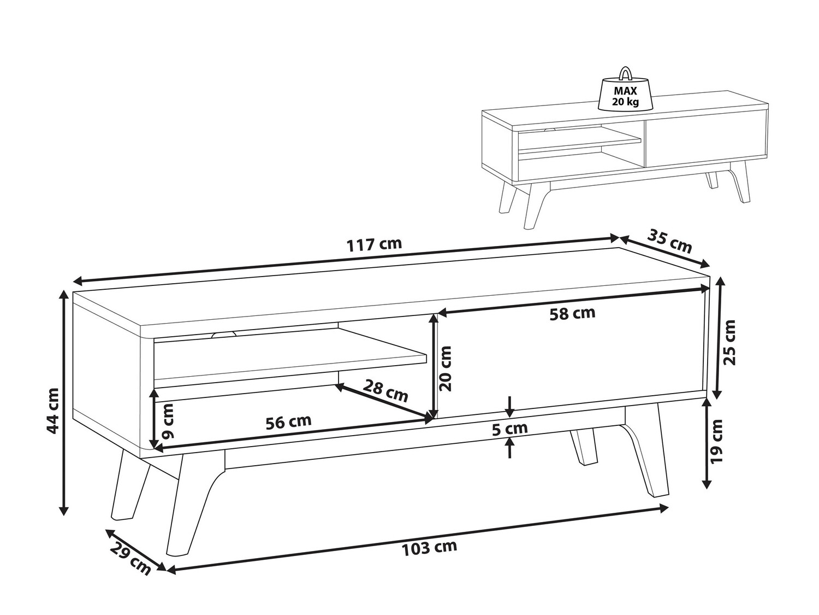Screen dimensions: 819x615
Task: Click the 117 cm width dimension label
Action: [x=374, y=244]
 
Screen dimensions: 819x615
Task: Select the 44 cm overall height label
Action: [x=54, y=411]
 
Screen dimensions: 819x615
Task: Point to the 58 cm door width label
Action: [x=572, y=313]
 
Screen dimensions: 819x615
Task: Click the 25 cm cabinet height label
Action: [x=729, y=342]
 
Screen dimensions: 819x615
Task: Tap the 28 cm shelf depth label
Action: [x=386, y=390]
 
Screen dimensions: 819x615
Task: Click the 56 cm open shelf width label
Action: [x=288, y=422]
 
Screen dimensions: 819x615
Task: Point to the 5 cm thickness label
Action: [x=510, y=429]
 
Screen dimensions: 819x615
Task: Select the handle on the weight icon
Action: [x=625, y=73]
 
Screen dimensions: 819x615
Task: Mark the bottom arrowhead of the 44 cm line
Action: [x=64, y=510]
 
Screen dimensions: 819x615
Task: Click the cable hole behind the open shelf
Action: [x=224, y=335]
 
